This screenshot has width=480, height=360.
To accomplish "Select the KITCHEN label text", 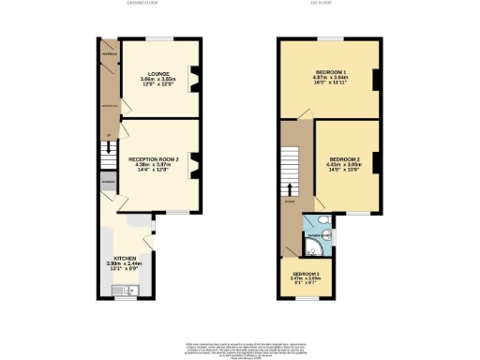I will tap(127, 258).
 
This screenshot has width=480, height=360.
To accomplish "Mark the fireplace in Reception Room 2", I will tap(194, 166).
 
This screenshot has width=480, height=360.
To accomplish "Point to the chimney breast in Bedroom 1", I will tap(375, 82).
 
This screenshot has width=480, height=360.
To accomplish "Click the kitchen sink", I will tap(122, 292).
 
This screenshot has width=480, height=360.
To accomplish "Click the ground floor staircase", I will tap(107, 156).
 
